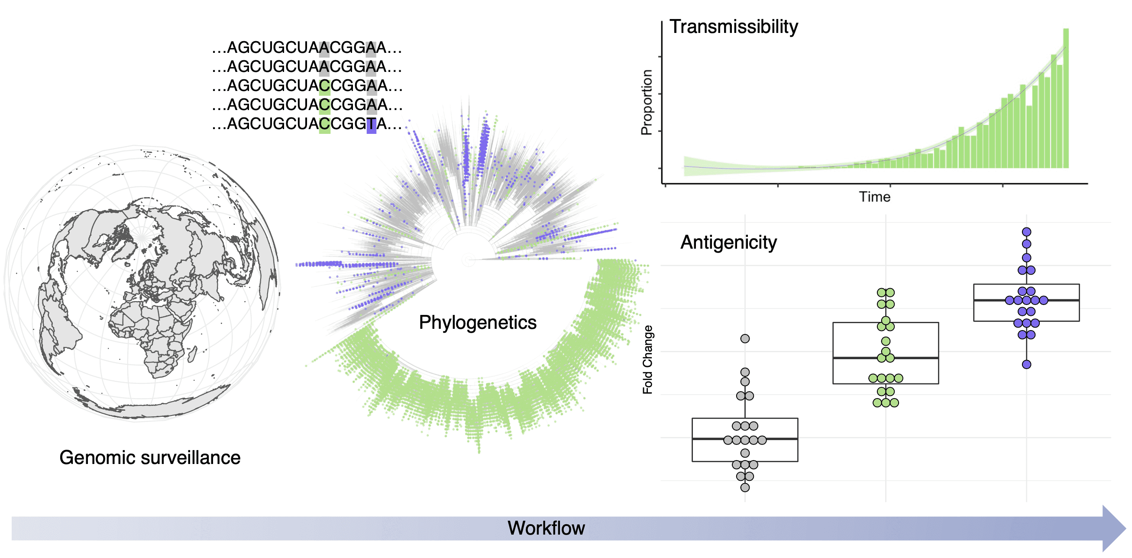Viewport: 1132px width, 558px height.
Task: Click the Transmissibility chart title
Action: coord(733,27)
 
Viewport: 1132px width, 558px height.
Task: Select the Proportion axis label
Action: coord(647,102)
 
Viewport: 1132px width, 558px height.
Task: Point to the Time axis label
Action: coord(874,197)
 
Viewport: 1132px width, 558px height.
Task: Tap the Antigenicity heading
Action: coord(728,243)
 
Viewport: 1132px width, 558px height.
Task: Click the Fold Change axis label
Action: coord(647,360)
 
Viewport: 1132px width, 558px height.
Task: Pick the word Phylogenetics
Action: coord(477,323)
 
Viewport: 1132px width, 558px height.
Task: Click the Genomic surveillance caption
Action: coord(150,458)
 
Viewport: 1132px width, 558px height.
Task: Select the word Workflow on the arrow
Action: coord(546,528)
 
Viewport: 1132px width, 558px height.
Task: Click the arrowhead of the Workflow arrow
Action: coord(1114,528)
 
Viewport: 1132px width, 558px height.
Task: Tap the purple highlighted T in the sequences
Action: coord(371,124)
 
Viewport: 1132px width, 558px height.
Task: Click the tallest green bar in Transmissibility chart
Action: coord(1066,97)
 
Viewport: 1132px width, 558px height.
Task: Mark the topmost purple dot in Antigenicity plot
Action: coord(1026,232)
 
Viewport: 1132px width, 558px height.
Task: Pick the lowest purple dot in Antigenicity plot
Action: coord(1026,364)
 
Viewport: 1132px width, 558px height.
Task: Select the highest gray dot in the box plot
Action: coord(745,339)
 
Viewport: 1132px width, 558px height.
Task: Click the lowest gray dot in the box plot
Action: coord(745,488)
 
